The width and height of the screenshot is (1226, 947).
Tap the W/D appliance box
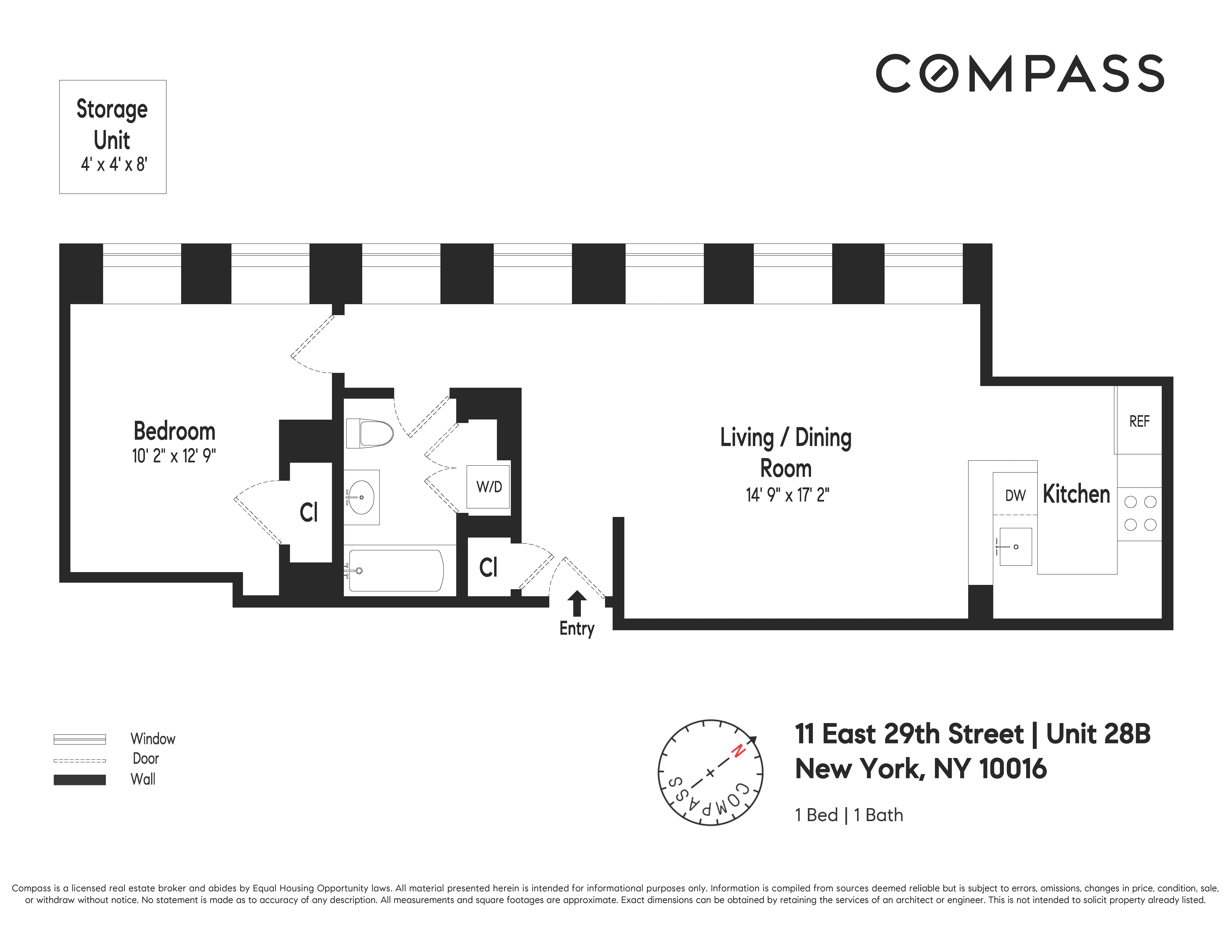[x=488, y=486]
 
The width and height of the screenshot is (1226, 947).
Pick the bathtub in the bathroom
[x=396, y=571]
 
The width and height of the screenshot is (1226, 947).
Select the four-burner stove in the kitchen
[x=1140, y=513]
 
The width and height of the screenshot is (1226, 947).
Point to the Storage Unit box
[x=112, y=137]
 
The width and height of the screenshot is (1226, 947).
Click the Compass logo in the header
[x=1019, y=74]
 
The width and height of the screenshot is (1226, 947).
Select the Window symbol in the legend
[x=80, y=739]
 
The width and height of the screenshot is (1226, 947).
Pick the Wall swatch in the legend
[x=80, y=780]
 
